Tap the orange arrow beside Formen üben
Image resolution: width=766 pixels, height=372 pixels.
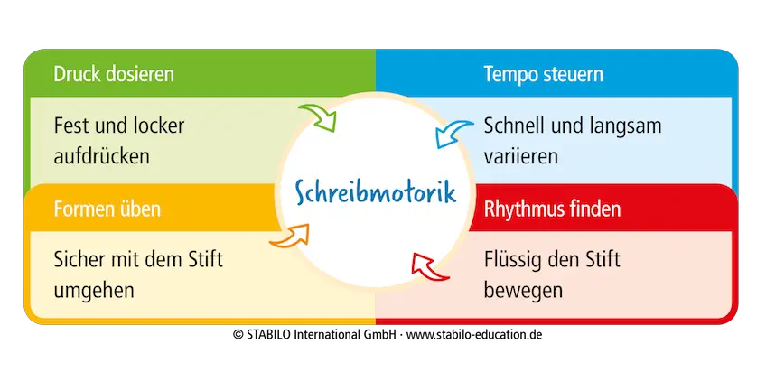tap(288, 237)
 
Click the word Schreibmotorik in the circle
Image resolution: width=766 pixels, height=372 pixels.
tap(374, 192)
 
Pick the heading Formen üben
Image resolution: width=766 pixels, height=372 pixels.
tap(107, 209)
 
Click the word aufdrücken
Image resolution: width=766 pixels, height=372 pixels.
tap(102, 155)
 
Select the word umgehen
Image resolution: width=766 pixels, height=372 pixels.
tap(94, 292)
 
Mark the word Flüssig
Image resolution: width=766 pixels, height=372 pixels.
tap(511, 261)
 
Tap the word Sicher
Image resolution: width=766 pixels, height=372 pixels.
tap(79, 261)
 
